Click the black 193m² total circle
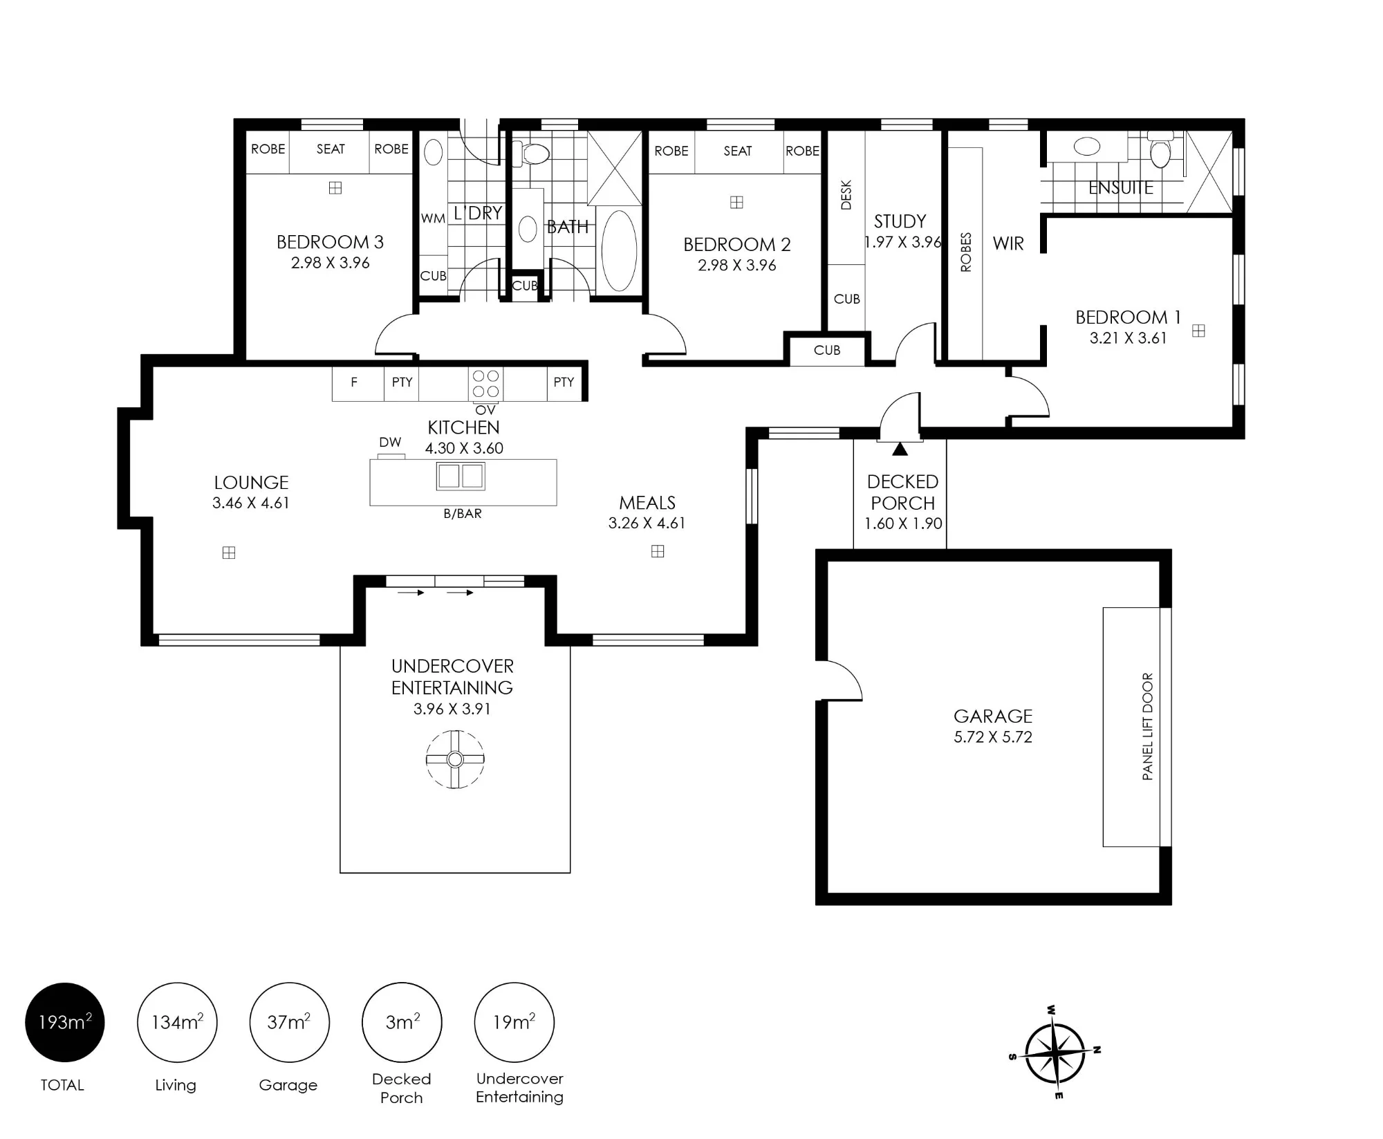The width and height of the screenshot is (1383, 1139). (x=65, y=1022)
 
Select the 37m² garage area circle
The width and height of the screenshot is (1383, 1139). (x=289, y=1022)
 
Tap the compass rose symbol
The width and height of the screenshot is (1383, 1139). (x=1055, y=1053)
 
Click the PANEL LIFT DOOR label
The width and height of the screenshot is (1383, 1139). (x=1148, y=727)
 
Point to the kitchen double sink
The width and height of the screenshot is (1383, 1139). (x=461, y=476)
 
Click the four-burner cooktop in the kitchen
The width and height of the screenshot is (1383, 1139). (x=485, y=384)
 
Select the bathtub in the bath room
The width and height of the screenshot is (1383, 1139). (x=619, y=251)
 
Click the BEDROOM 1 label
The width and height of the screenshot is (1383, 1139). (x=1128, y=317)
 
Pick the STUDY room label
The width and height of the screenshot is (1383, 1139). (x=900, y=221)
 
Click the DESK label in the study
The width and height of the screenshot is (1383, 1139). (x=846, y=195)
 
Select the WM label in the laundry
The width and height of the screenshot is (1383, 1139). (x=433, y=219)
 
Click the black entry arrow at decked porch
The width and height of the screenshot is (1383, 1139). (x=900, y=449)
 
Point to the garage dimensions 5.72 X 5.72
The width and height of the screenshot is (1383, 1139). (x=993, y=737)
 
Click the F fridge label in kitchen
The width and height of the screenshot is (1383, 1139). (x=354, y=382)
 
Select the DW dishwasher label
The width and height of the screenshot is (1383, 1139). (x=390, y=443)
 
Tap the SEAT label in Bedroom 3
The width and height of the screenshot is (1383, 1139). (x=331, y=149)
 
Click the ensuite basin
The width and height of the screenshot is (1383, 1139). (x=1087, y=147)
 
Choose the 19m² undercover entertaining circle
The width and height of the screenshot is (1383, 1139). (x=514, y=1022)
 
